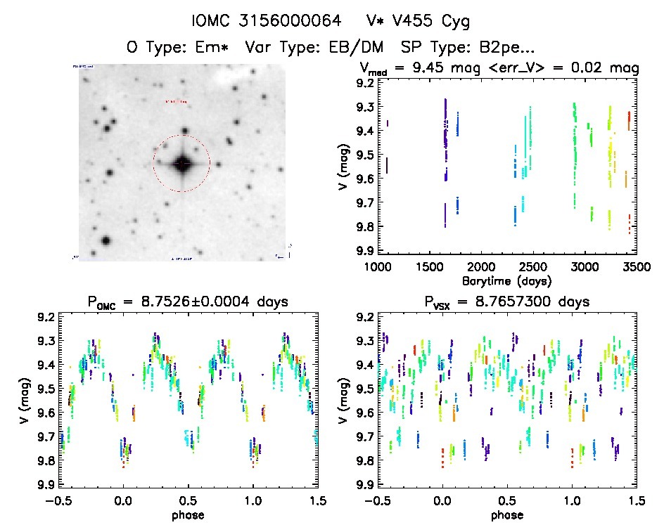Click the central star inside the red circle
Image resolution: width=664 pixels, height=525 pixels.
pos(181,164)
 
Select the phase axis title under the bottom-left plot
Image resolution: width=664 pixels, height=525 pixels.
pos(188,514)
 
